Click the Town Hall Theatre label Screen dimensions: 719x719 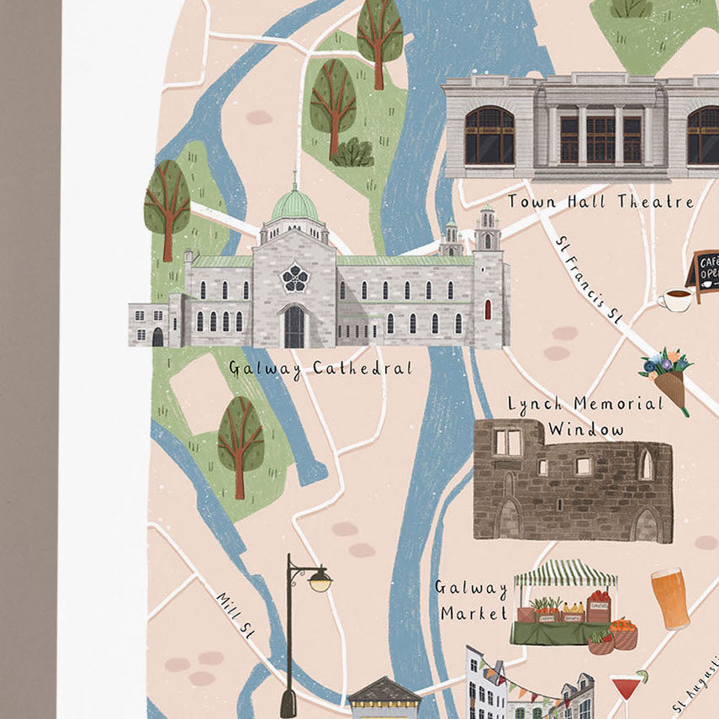coord(600,202)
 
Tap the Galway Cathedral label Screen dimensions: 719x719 coord(320,368)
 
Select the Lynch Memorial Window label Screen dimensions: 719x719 coord(585,416)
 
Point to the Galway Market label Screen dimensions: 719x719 coord(471,600)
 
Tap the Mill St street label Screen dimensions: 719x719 coord(235,616)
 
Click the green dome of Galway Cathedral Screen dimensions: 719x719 coord(295,205)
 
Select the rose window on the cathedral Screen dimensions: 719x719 coord(295,275)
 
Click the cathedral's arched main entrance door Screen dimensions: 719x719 coord(294,327)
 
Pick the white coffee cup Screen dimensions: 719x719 coord(674,299)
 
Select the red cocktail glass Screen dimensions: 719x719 coord(626,689)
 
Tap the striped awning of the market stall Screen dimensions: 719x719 coord(565,574)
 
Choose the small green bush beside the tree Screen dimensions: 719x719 coord(354,153)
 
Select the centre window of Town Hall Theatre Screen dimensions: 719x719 coord(600,138)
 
